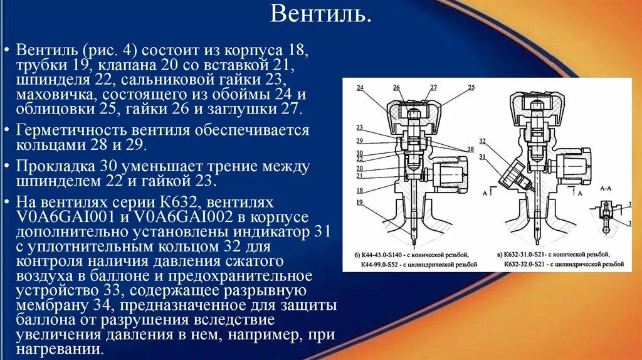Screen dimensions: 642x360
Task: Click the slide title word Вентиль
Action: (320, 13)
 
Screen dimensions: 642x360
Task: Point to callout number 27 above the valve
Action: (433, 87)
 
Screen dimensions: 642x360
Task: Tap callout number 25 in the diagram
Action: (471, 87)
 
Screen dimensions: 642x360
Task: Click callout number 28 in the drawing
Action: (470, 149)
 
